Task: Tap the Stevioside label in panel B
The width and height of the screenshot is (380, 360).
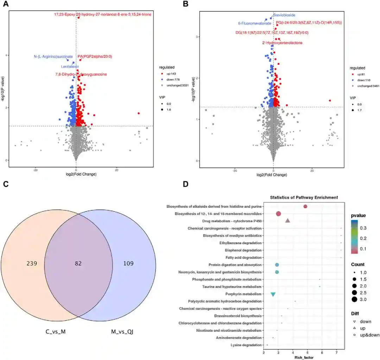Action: click(x=284, y=15)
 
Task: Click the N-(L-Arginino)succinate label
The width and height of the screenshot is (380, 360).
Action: click(x=53, y=56)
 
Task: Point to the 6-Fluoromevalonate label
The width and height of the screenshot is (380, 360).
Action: click(x=254, y=23)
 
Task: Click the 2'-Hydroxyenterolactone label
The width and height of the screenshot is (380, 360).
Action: click(x=282, y=43)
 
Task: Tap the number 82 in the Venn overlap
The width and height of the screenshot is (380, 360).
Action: click(x=78, y=264)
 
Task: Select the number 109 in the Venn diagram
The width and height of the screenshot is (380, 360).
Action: click(x=128, y=264)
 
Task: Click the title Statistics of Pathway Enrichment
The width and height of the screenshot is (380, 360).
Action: click(x=304, y=198)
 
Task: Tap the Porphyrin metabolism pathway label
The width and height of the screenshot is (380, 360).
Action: click(x=243, y=294)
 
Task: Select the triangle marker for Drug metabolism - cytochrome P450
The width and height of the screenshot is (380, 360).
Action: click(x=287, y=221)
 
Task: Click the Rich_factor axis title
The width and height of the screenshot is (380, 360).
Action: click(x=304, y=357)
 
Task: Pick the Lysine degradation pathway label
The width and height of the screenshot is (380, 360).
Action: click(x=246, y=345)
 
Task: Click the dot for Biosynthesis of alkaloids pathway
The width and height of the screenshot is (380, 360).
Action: click(x=305, y=207)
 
